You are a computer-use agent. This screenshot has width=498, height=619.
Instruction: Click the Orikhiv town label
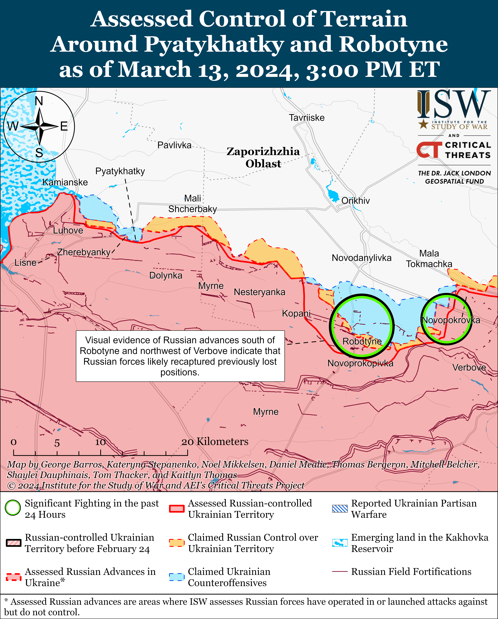pos(355,201)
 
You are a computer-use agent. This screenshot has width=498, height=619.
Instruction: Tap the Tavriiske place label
pos(307,118)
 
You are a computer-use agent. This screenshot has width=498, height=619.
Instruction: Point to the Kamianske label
pos(65,182)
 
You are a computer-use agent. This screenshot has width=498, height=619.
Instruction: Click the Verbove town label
pos(469,368)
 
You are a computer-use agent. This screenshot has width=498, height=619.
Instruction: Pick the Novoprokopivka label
pos(360,364)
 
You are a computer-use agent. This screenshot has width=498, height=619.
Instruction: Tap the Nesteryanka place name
pos(259,292)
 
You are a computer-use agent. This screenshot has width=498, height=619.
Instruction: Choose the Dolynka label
pos(166,276)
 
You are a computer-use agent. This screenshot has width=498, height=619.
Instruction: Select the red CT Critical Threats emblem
pos(429,150)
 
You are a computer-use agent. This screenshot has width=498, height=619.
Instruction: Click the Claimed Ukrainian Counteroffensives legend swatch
pos(176,577)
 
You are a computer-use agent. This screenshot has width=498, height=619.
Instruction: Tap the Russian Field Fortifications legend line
pos(340,572)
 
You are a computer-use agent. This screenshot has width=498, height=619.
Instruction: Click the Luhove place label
pos(68,230)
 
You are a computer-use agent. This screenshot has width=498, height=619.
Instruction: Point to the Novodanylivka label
pos(361,258)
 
